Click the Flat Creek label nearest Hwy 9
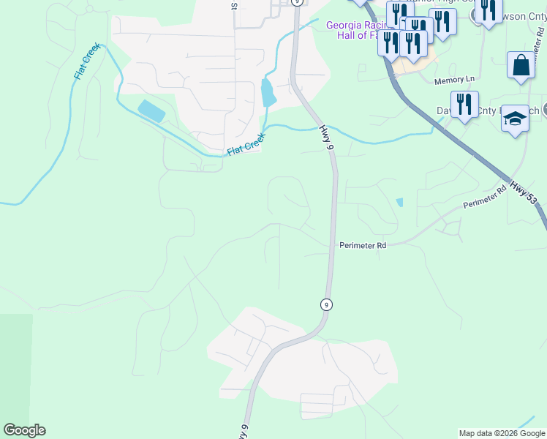pos(245,143)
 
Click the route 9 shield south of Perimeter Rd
pos(326,304)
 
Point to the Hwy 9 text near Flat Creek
pos(326,138)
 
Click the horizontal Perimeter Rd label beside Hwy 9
pos(362,246)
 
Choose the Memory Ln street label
pos(454,79)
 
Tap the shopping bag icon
pos(521,65)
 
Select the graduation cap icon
pos(515,119)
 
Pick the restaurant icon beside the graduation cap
pos(464,105)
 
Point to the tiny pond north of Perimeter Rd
pos(399,202)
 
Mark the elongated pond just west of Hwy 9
pos(268,92)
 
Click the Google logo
pos(24,430)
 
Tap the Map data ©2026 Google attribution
pos(502,433)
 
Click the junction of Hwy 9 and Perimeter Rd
pos(333,246)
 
